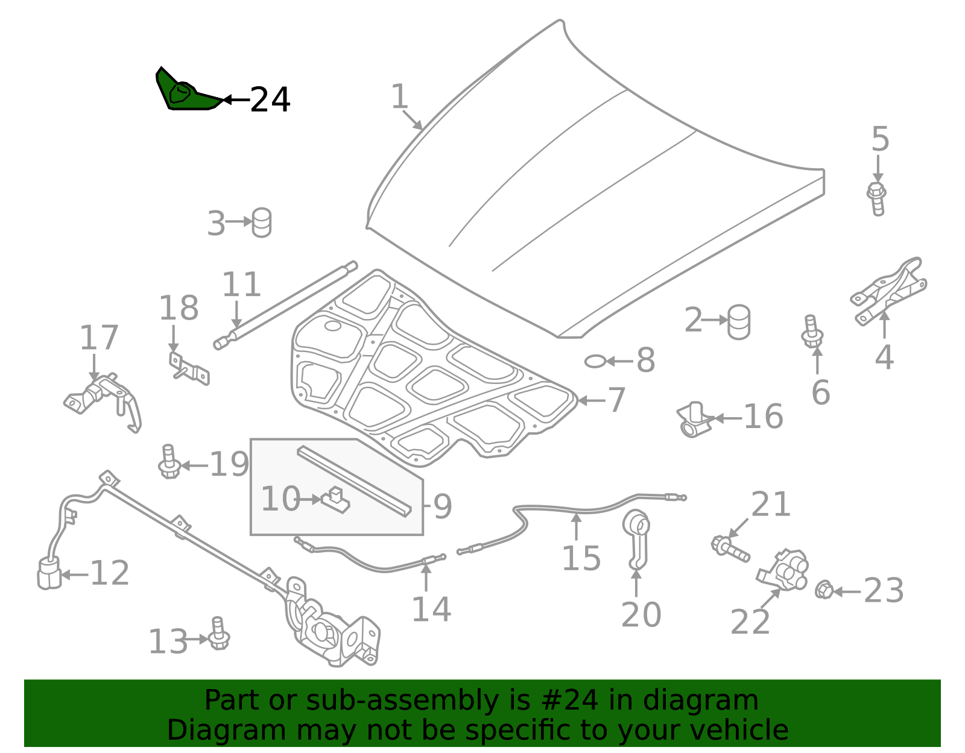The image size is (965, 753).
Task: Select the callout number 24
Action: (270, 100)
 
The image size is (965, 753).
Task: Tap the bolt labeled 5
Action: (876, 199)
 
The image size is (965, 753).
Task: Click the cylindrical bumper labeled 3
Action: (262, 222)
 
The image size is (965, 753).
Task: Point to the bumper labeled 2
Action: (739, 322)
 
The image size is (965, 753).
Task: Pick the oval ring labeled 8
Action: (595, 362)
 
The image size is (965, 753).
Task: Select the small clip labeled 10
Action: (335, 500)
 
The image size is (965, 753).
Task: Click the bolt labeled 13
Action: (218, 634)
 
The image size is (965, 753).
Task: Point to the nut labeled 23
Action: (824, 589)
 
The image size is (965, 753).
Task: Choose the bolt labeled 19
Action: (169, 462)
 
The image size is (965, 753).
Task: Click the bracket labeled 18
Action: (189, 368)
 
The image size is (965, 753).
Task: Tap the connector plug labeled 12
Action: (49, 573)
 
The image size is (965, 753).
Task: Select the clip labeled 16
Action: (694, 420)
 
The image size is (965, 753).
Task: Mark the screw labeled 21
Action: (730, 549)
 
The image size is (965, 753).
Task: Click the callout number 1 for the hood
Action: (399, 96)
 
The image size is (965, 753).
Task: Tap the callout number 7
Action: (616, 400)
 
